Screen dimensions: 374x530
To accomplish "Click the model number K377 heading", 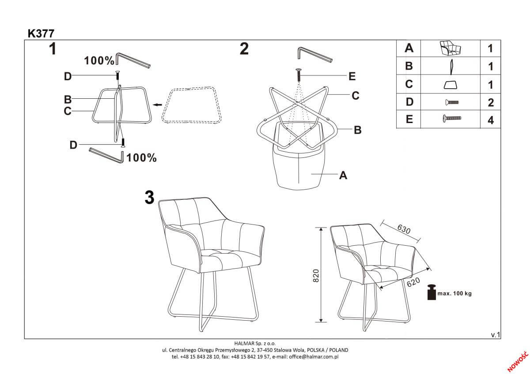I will (41, 34).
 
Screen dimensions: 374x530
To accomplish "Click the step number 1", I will (52, 49).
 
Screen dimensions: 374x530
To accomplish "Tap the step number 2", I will (244, 49).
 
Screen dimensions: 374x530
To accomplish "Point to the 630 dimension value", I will (404, 229).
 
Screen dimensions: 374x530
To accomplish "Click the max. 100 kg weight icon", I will (432, 292).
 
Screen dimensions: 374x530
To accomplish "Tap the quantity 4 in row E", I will (490, 120).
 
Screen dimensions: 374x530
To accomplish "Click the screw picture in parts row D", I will (451, 102).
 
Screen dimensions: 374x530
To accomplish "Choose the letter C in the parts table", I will (409, 84).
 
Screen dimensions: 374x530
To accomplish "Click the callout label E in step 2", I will (352, 77).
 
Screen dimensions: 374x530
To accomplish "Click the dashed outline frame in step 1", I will (192, 105).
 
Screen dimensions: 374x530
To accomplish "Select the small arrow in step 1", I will (156, 105).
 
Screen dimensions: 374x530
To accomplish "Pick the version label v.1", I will (495, 335).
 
